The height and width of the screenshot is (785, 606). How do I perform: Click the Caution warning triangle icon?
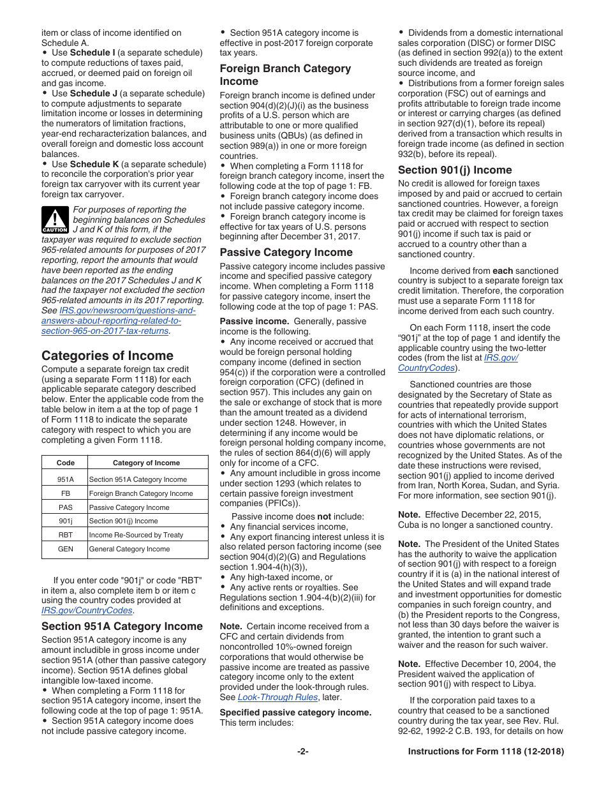point(55,219)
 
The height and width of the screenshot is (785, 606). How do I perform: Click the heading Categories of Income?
point(107,355)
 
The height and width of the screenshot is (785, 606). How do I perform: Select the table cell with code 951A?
point(65,479)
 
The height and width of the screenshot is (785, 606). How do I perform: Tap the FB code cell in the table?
point(65,493)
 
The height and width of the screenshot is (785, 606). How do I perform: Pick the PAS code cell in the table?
point(65,507)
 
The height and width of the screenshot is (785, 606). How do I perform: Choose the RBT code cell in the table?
point(65,535)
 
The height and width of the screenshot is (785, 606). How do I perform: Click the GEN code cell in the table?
point(65,549)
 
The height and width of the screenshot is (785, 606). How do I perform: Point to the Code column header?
point(65,463)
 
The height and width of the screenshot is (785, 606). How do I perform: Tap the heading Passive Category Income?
point(286,252)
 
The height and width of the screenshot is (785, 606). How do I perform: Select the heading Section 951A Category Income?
point(122,626)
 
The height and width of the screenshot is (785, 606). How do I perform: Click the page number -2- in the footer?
point(303,752)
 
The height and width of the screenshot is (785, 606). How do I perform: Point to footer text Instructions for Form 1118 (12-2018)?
point(485,752)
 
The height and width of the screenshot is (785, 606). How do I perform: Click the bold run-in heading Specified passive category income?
point(295,712)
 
